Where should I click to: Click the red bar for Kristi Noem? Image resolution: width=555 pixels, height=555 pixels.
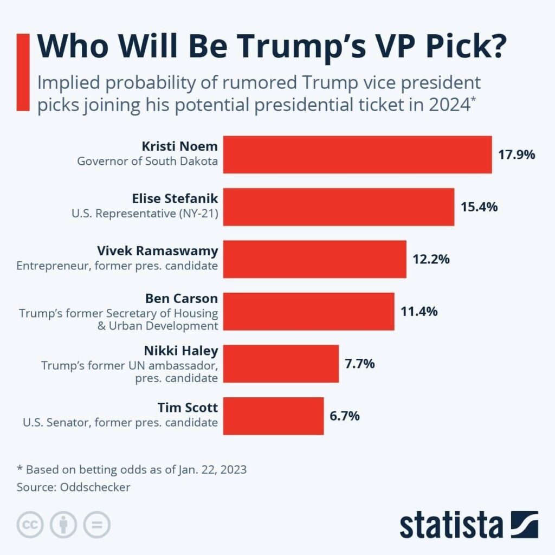(358, 154)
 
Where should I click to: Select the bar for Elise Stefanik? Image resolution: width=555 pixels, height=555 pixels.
(339, 206)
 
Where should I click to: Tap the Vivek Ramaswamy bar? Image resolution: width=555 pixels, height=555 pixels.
(315, 259)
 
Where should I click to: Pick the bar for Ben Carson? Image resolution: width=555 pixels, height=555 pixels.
(309, 311)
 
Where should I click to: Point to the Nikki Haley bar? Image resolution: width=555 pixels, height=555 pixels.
(281, 363)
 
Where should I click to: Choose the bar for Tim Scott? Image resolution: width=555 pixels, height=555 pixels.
(273, 416)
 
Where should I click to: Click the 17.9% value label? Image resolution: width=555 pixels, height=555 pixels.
(517, 154)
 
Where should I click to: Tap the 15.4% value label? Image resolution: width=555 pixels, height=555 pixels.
(479, 206)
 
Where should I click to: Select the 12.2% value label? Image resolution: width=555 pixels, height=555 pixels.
(431, 259)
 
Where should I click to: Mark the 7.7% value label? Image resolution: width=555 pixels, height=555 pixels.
(360, 363)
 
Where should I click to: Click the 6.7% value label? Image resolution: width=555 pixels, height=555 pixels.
(345, 416)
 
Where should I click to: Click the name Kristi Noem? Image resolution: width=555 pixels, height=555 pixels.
(179, 147)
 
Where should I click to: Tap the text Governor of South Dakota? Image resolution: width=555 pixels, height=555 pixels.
(147, 161)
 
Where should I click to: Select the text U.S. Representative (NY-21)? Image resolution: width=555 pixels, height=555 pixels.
(145, 214)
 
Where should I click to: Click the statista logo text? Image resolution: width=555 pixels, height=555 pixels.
(451, 525)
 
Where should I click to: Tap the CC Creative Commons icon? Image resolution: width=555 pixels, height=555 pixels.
(30, 524)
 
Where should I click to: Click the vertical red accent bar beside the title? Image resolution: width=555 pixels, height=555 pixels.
(23, 72)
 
